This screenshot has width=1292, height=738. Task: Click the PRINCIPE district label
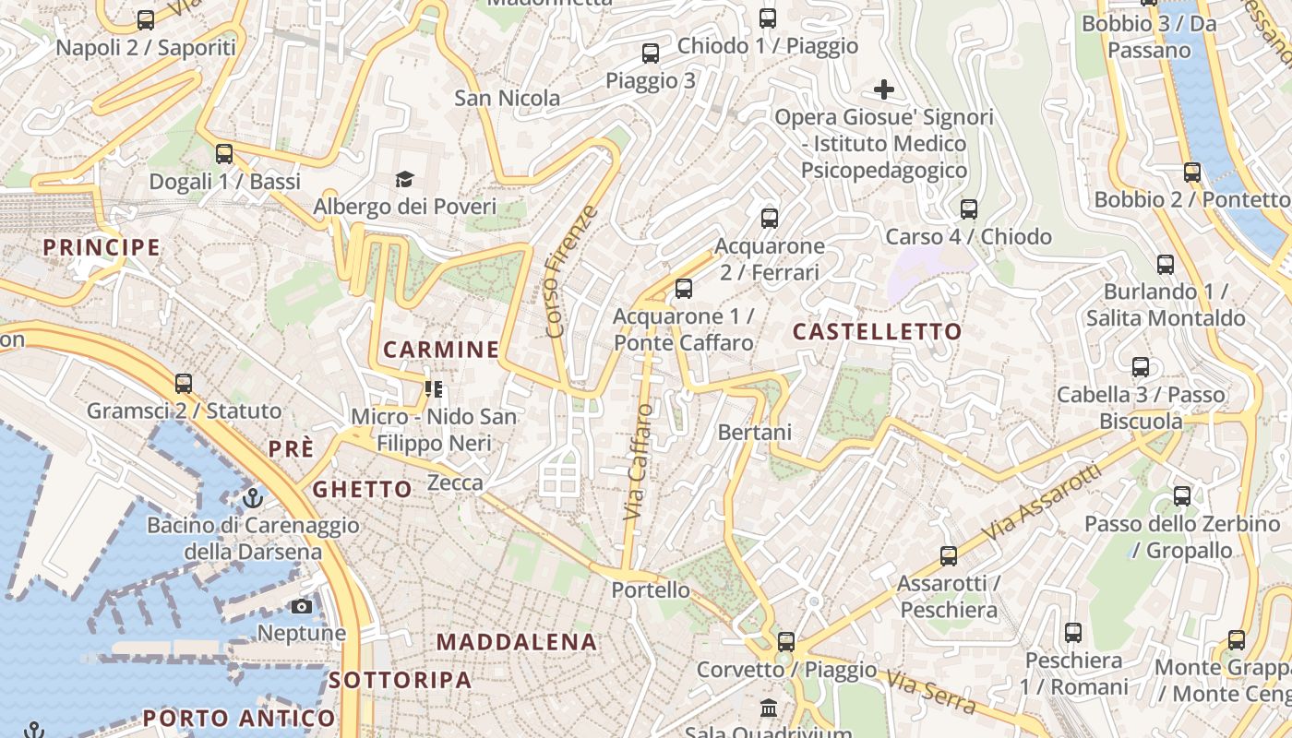click(102, 247)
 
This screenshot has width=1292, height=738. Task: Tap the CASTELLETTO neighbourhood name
click(878, 331)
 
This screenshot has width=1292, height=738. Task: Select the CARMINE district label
click(441, 350)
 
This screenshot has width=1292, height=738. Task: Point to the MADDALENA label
click(517, 642)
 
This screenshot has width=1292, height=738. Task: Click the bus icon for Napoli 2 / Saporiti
click(146, 20)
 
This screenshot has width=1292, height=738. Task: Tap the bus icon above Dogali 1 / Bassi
click(224, 154)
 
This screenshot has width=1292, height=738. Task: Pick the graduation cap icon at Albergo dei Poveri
click(404, 179)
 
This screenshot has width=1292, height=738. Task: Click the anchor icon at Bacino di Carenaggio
click(253, 498)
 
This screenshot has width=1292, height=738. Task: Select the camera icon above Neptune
click(302, 606)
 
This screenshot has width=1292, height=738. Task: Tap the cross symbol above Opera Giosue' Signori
click(884, 89)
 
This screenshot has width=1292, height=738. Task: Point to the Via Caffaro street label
click(638, 461)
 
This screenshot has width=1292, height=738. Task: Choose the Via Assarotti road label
click(1043, 503)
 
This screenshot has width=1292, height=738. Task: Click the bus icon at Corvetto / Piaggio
click(786, 641)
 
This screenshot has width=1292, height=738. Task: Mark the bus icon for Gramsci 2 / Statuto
click(184, 384)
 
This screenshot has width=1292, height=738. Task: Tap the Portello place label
click(652, 589)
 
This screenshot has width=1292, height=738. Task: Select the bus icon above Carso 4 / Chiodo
click(969, 209)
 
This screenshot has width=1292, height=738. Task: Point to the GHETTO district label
click(363, 489)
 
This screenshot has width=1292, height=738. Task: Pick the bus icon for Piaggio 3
click(651, 54)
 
